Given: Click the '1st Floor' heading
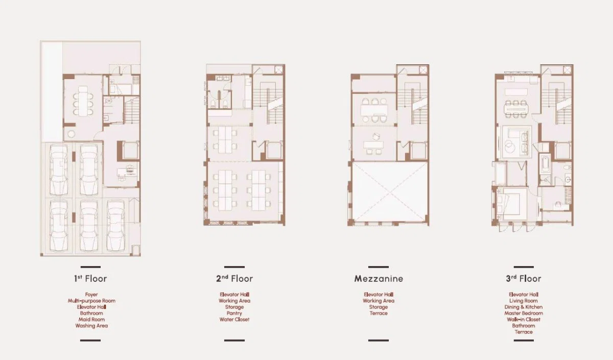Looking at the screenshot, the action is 90,278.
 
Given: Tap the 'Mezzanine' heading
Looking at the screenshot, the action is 379,278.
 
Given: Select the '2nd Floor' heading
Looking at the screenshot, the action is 234,278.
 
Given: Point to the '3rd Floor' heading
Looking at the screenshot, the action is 524,278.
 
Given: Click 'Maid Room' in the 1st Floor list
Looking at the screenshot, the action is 91,319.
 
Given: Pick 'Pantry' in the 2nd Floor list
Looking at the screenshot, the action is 234,313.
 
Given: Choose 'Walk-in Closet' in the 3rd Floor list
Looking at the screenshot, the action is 524,319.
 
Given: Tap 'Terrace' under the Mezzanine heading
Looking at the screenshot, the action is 379,313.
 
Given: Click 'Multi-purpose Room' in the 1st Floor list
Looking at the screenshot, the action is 91,301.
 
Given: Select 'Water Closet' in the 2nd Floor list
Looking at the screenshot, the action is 234,319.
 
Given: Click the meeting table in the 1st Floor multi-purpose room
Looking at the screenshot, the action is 83,101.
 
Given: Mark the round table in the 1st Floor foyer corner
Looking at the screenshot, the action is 71,134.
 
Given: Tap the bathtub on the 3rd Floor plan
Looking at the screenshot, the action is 545,163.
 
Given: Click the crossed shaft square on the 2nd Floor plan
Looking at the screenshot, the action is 278,69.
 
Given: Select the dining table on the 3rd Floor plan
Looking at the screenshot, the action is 516,109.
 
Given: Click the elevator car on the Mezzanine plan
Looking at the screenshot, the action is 418,151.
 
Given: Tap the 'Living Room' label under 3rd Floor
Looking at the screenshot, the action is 524,301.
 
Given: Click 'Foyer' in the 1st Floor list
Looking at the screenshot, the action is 91,295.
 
